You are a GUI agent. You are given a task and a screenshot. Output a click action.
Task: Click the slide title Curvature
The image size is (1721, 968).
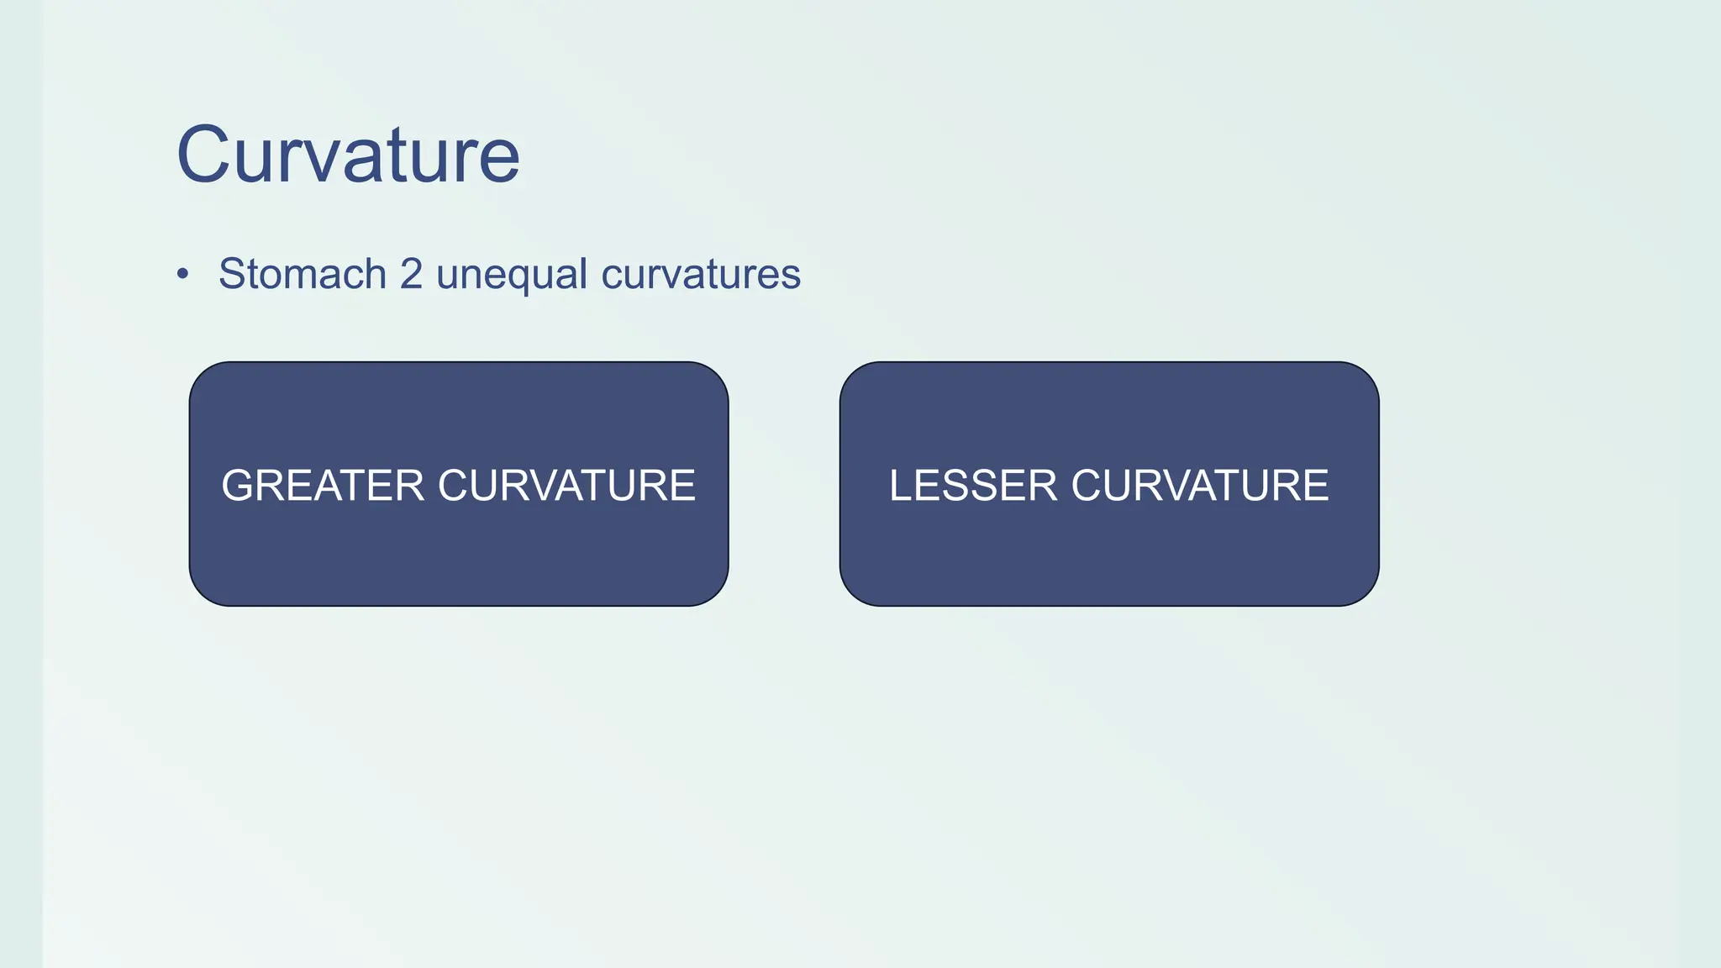point(348,155)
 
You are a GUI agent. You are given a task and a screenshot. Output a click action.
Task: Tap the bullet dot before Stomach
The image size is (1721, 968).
point(183,274)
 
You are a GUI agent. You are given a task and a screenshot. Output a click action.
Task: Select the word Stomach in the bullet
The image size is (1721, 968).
point(303,274)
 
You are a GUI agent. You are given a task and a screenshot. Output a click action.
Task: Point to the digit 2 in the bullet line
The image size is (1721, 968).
point(411,274)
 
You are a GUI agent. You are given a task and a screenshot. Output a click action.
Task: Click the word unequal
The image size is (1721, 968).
point(512,276)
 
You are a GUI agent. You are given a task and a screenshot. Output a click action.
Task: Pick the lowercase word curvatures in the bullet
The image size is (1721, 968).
point(702,274)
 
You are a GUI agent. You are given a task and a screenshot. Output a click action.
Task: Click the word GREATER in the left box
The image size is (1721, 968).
point(323,486)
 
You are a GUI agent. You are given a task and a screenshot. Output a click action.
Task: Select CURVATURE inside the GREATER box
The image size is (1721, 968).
point(567,486)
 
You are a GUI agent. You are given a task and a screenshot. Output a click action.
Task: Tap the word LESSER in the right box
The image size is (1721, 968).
point(973,486)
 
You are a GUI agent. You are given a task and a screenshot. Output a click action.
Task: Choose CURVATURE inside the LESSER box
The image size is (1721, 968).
point(1200,486)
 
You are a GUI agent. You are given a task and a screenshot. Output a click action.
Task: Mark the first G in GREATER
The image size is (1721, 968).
point(239,486)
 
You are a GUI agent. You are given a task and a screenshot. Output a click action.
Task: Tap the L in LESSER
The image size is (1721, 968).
point(902,486)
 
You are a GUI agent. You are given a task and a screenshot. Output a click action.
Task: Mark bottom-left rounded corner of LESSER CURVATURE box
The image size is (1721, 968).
point(853,592)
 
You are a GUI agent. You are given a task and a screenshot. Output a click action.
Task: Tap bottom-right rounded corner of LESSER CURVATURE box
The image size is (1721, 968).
point(1366,592)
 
